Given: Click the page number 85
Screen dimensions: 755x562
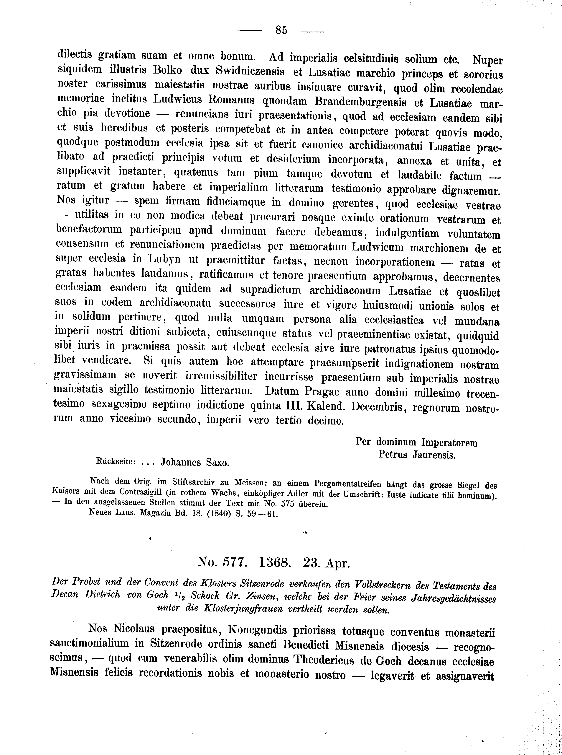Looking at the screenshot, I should (281, 30).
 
